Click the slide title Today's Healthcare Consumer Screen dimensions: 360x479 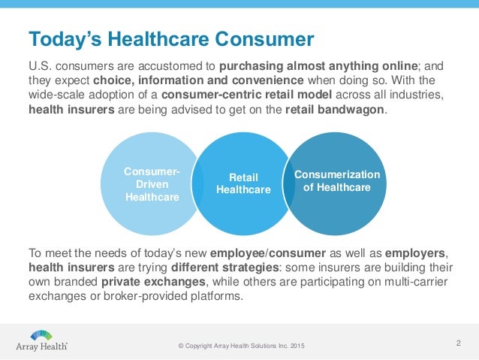point(170,38)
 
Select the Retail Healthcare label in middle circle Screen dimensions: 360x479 point(243,183)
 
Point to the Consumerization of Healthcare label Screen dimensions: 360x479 point(336,180)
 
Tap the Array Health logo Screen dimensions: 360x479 point(42,340)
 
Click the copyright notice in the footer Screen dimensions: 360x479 point(241,346)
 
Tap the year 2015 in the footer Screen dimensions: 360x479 point(298,346)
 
